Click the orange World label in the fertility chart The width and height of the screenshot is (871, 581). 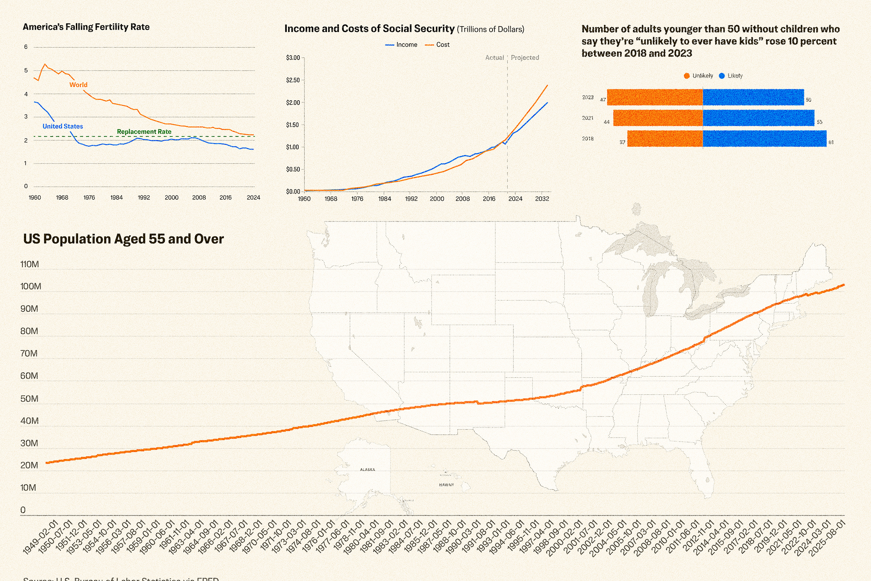tap(78, 85)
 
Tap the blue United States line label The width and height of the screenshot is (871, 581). tap(62, 126)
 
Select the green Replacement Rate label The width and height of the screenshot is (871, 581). tap(144, 131)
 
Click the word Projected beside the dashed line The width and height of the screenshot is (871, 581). tap(525, 58)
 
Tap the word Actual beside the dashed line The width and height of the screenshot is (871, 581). tap(494, 58)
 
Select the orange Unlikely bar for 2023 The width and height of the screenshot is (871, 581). tap(654, 97)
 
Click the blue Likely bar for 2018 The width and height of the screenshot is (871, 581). tap(764, 139)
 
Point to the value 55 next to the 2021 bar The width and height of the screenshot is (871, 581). tap(819, 122)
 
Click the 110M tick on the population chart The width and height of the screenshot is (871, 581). tap(30, 265)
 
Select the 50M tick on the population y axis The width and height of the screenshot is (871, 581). tap(29, 399)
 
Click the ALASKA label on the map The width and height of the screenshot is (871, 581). tap(367, 470)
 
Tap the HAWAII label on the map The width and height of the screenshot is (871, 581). tap(446, 485)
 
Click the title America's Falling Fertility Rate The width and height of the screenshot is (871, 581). tap(86, 27)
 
